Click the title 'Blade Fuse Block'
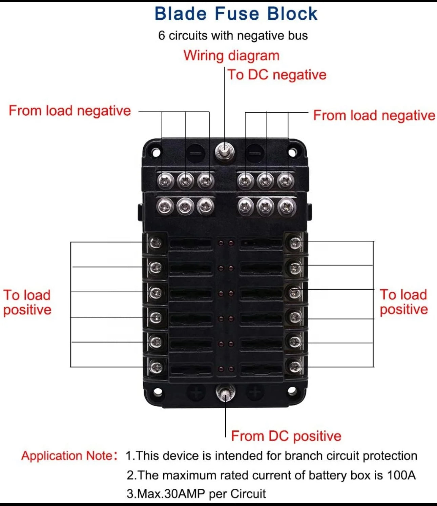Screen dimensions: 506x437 (x=236, y=14)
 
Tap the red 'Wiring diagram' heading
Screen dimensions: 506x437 (x=231, y=56)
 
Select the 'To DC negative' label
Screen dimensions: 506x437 (x=277, y=75)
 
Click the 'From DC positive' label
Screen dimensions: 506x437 (x=286, y=436)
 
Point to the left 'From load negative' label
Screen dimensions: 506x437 (x=70, y=111)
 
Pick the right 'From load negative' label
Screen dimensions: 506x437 (x=374, y=116)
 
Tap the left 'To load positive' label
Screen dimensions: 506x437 (x=27, y=303)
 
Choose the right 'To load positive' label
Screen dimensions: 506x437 (x=403, y=302)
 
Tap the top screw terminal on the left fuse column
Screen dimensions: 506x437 (x=156, y=242)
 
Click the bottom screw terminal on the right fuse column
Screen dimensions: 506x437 (x=295, y=366)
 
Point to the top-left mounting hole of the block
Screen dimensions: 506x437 (x=156, y=152)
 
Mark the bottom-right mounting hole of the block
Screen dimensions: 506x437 (x=292, y=392)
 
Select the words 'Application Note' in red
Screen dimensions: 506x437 (x=67, y=456)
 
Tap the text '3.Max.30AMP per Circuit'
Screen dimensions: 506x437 (x=196, y=494)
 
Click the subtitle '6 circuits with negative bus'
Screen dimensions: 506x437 (x=233, y=36)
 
